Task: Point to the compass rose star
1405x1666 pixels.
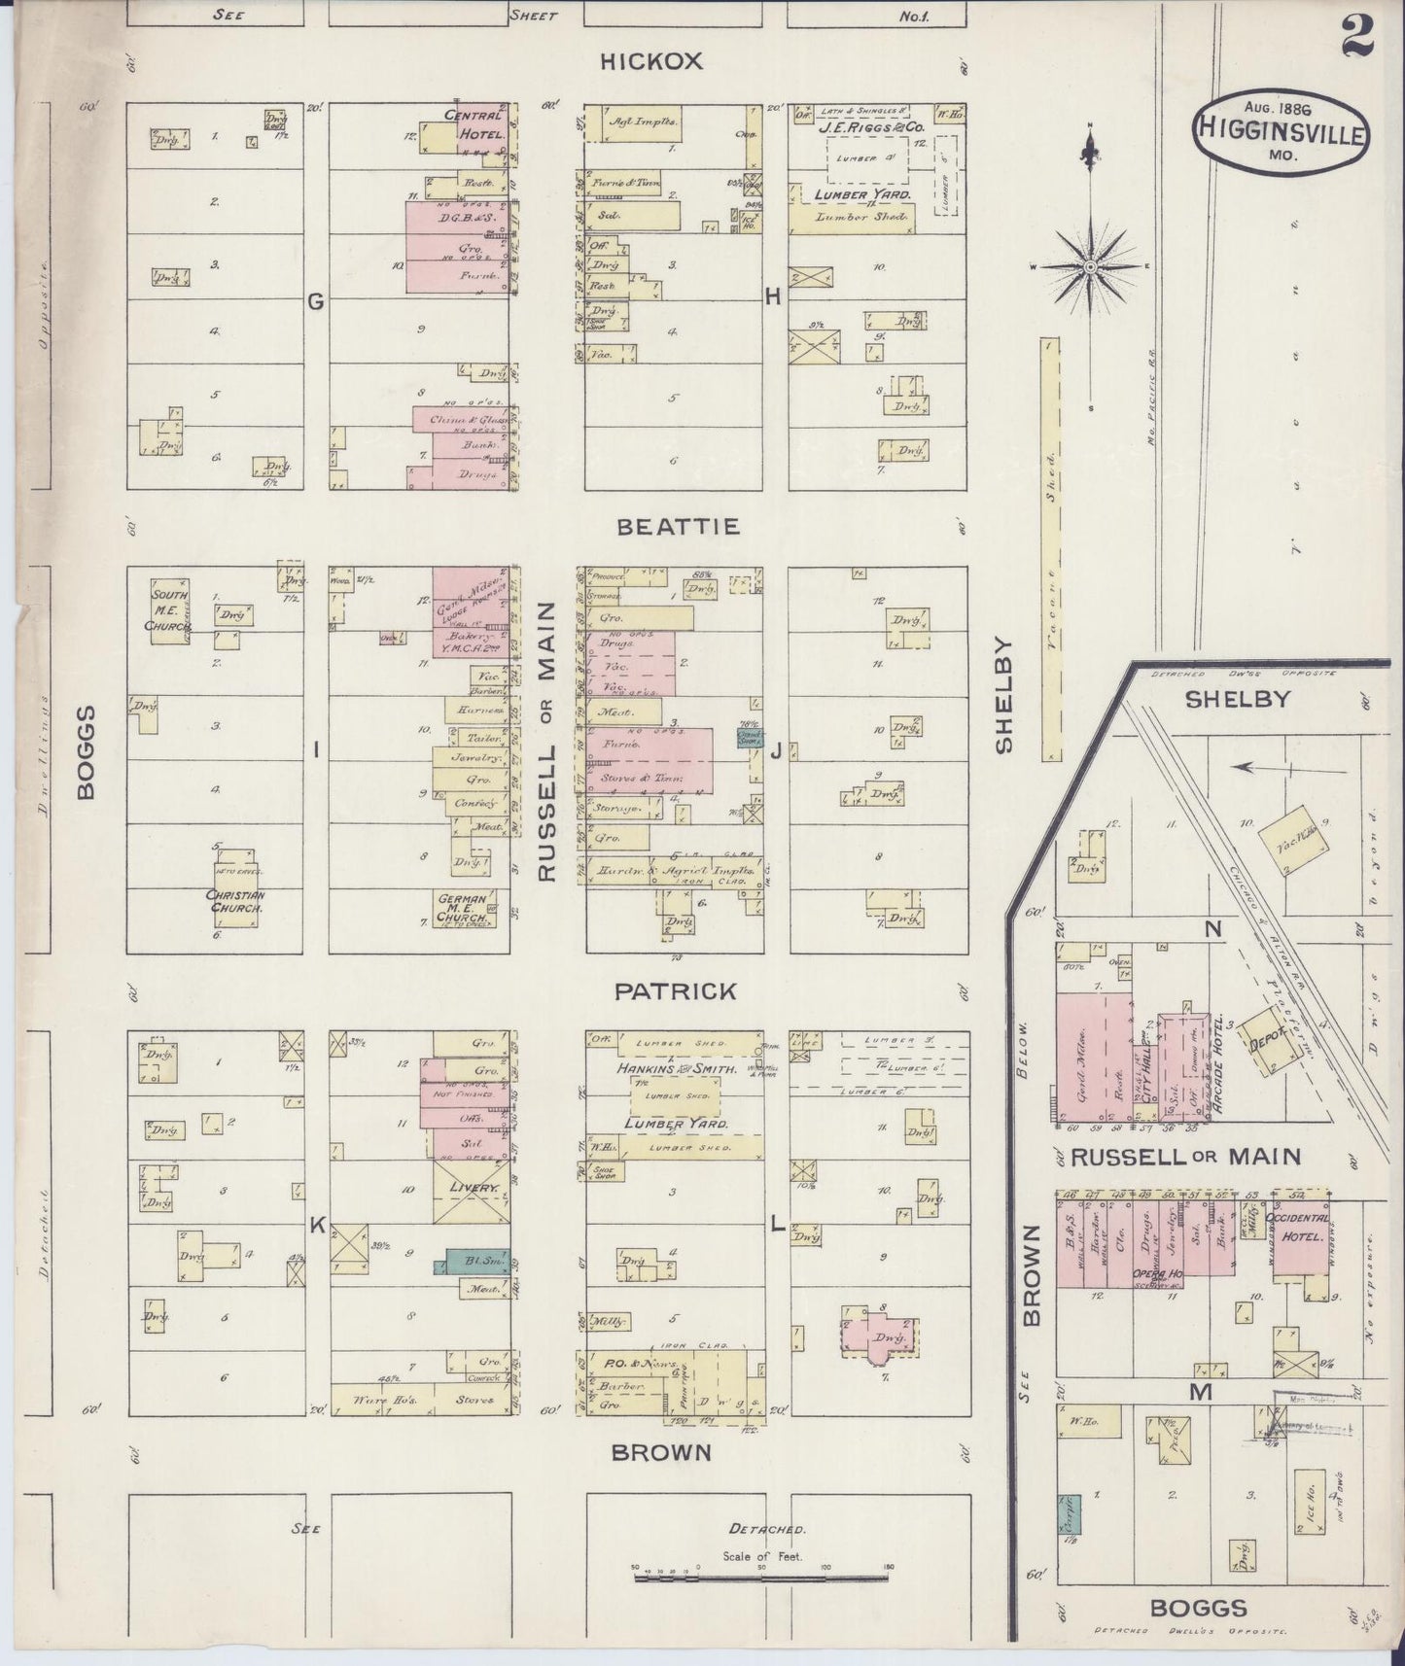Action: (x=1090, y=266)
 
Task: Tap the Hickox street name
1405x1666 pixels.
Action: (x=650, y=61)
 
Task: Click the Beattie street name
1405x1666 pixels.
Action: (x=679, y=527)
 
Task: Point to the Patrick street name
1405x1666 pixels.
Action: (x=676, y=991)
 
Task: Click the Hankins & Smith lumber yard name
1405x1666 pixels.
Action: (x=674, y=1068)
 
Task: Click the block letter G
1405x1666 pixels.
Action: (x=316, y=302)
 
